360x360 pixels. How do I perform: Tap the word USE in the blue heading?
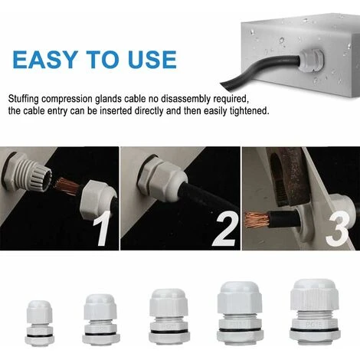point(152,60)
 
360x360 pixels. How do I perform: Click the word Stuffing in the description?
point(23,99)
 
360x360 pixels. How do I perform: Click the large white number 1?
point(102,228)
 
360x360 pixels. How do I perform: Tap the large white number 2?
point(224,229)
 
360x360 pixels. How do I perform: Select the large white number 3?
point(338,229)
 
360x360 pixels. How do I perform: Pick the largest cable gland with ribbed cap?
point(315,312)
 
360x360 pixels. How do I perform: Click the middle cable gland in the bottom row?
point(169,316)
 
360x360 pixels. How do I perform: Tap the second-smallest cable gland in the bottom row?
point(101,319)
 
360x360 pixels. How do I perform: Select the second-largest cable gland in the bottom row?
point(240,314)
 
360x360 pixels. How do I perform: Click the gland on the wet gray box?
point(311,62)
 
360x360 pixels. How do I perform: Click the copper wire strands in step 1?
point(67,187)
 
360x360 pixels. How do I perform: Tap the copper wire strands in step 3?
point(257,220)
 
